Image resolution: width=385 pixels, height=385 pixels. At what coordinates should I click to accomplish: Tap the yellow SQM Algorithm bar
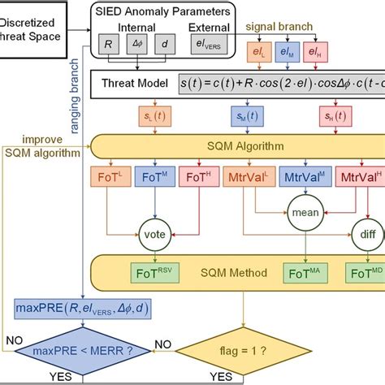pyautogui.click(x=219, y=145)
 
